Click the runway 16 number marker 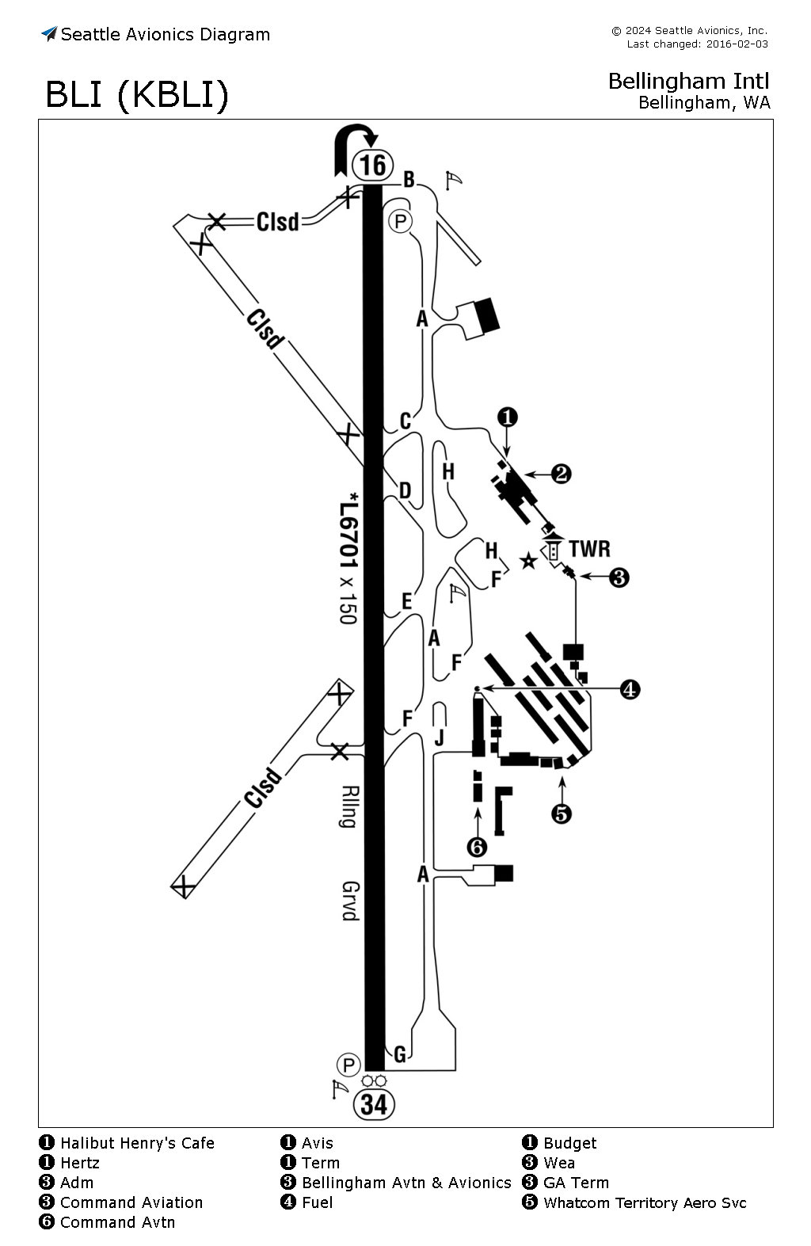(x=373, y=165)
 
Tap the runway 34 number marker (x=373, y=1104)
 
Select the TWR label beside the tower (x=589, y=549)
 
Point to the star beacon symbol (x=528, y=562)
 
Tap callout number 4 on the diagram (x=630, y=689)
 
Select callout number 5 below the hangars (x=562, y=813)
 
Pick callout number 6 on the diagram (x=477, y=848)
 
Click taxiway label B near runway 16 (x=409, y=180)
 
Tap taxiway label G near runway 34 (x=400, y=1054)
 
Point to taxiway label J (x=440, y=738)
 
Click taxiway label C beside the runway (x=405, y=421)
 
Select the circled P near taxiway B (x=401, y=221)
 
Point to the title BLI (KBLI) (x=137, y=95)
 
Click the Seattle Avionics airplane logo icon (x=49, y=34)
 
